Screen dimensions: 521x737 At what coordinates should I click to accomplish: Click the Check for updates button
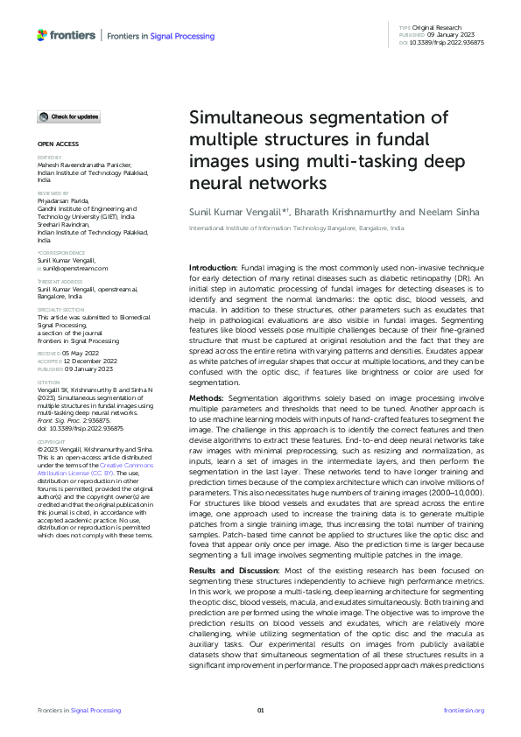(x=69, y=116)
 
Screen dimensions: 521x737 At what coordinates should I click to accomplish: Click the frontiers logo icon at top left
(x=42, y=35)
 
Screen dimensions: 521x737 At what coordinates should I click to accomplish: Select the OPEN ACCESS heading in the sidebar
(x=58, y=143)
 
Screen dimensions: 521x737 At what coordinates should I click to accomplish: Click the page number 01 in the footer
(x=260, y=710)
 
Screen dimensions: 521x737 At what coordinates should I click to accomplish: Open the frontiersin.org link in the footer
(x=464, y=710)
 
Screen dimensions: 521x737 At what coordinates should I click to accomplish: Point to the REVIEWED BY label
(x=52, y=193)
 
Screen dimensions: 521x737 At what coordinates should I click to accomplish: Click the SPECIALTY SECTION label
(x=60, y=310)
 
